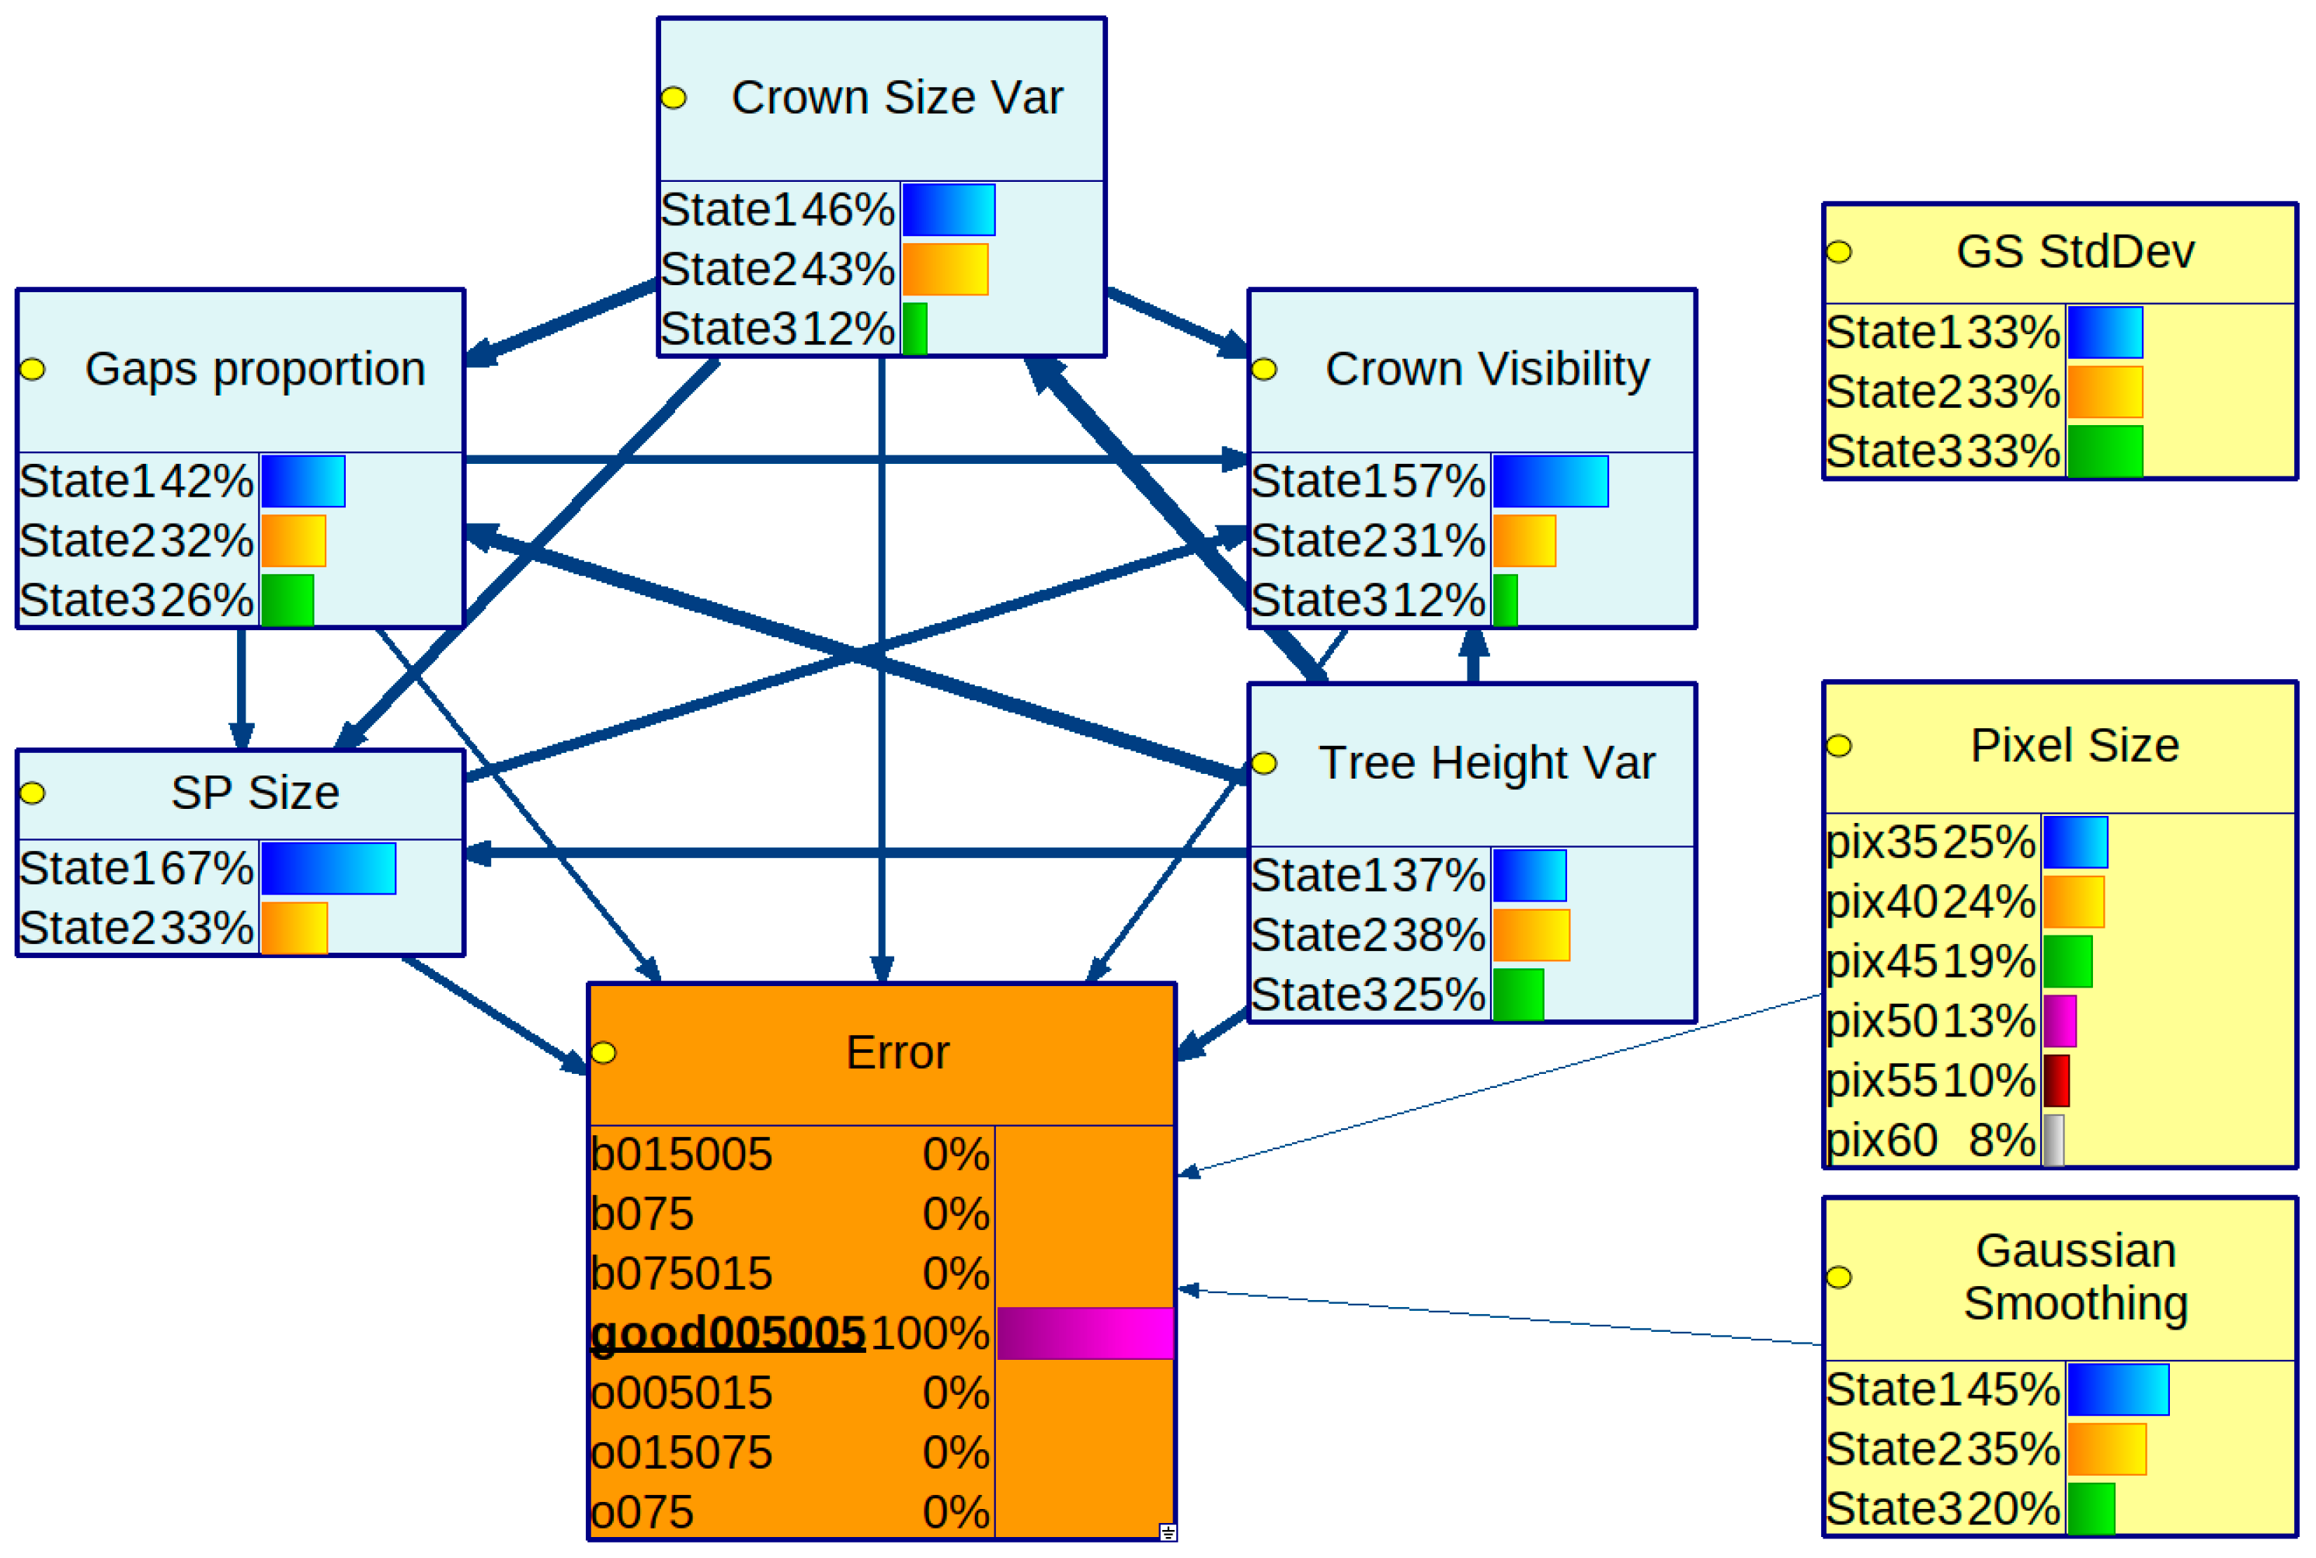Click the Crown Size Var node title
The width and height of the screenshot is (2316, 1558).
896,97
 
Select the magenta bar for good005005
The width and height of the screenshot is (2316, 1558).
1085,1333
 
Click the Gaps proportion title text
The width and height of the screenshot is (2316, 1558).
256,370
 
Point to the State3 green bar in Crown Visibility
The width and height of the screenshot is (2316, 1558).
1505,600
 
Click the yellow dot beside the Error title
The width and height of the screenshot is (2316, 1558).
604,1053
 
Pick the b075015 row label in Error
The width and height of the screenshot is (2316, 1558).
681,1274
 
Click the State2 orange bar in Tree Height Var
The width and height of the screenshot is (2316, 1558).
1531,935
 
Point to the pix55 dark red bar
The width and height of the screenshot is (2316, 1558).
2056,1081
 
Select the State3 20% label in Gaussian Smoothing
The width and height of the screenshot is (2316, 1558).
1942,1509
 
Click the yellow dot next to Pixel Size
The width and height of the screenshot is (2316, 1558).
1838,746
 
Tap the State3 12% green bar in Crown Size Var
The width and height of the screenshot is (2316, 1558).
914,329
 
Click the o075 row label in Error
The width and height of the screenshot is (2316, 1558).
642,1512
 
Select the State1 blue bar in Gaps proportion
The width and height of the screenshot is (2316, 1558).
303,481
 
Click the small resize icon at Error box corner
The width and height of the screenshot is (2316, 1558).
1168,1532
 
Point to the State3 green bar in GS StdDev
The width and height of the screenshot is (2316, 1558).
2105,451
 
